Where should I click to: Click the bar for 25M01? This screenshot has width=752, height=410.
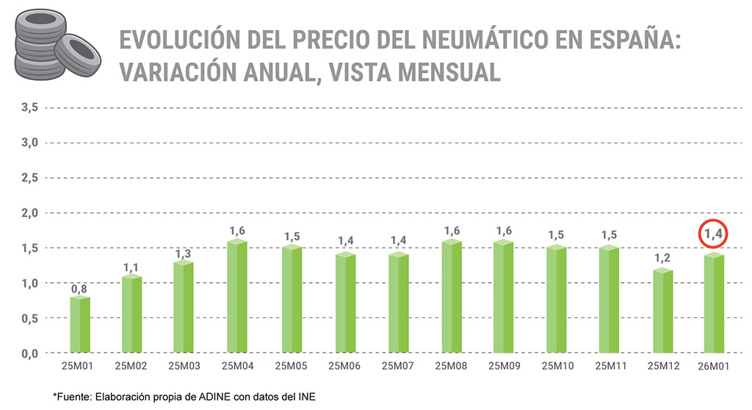[80, 324]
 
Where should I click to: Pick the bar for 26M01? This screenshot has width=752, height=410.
[714, 303]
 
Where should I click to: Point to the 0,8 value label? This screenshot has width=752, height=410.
[79, 289]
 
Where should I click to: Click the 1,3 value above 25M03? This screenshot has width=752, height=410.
[184, 253]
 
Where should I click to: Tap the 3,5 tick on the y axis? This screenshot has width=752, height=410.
[29, 107]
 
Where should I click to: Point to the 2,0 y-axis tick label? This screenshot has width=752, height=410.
[29, 213]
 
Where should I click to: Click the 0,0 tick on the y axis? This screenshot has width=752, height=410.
[29, 353]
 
